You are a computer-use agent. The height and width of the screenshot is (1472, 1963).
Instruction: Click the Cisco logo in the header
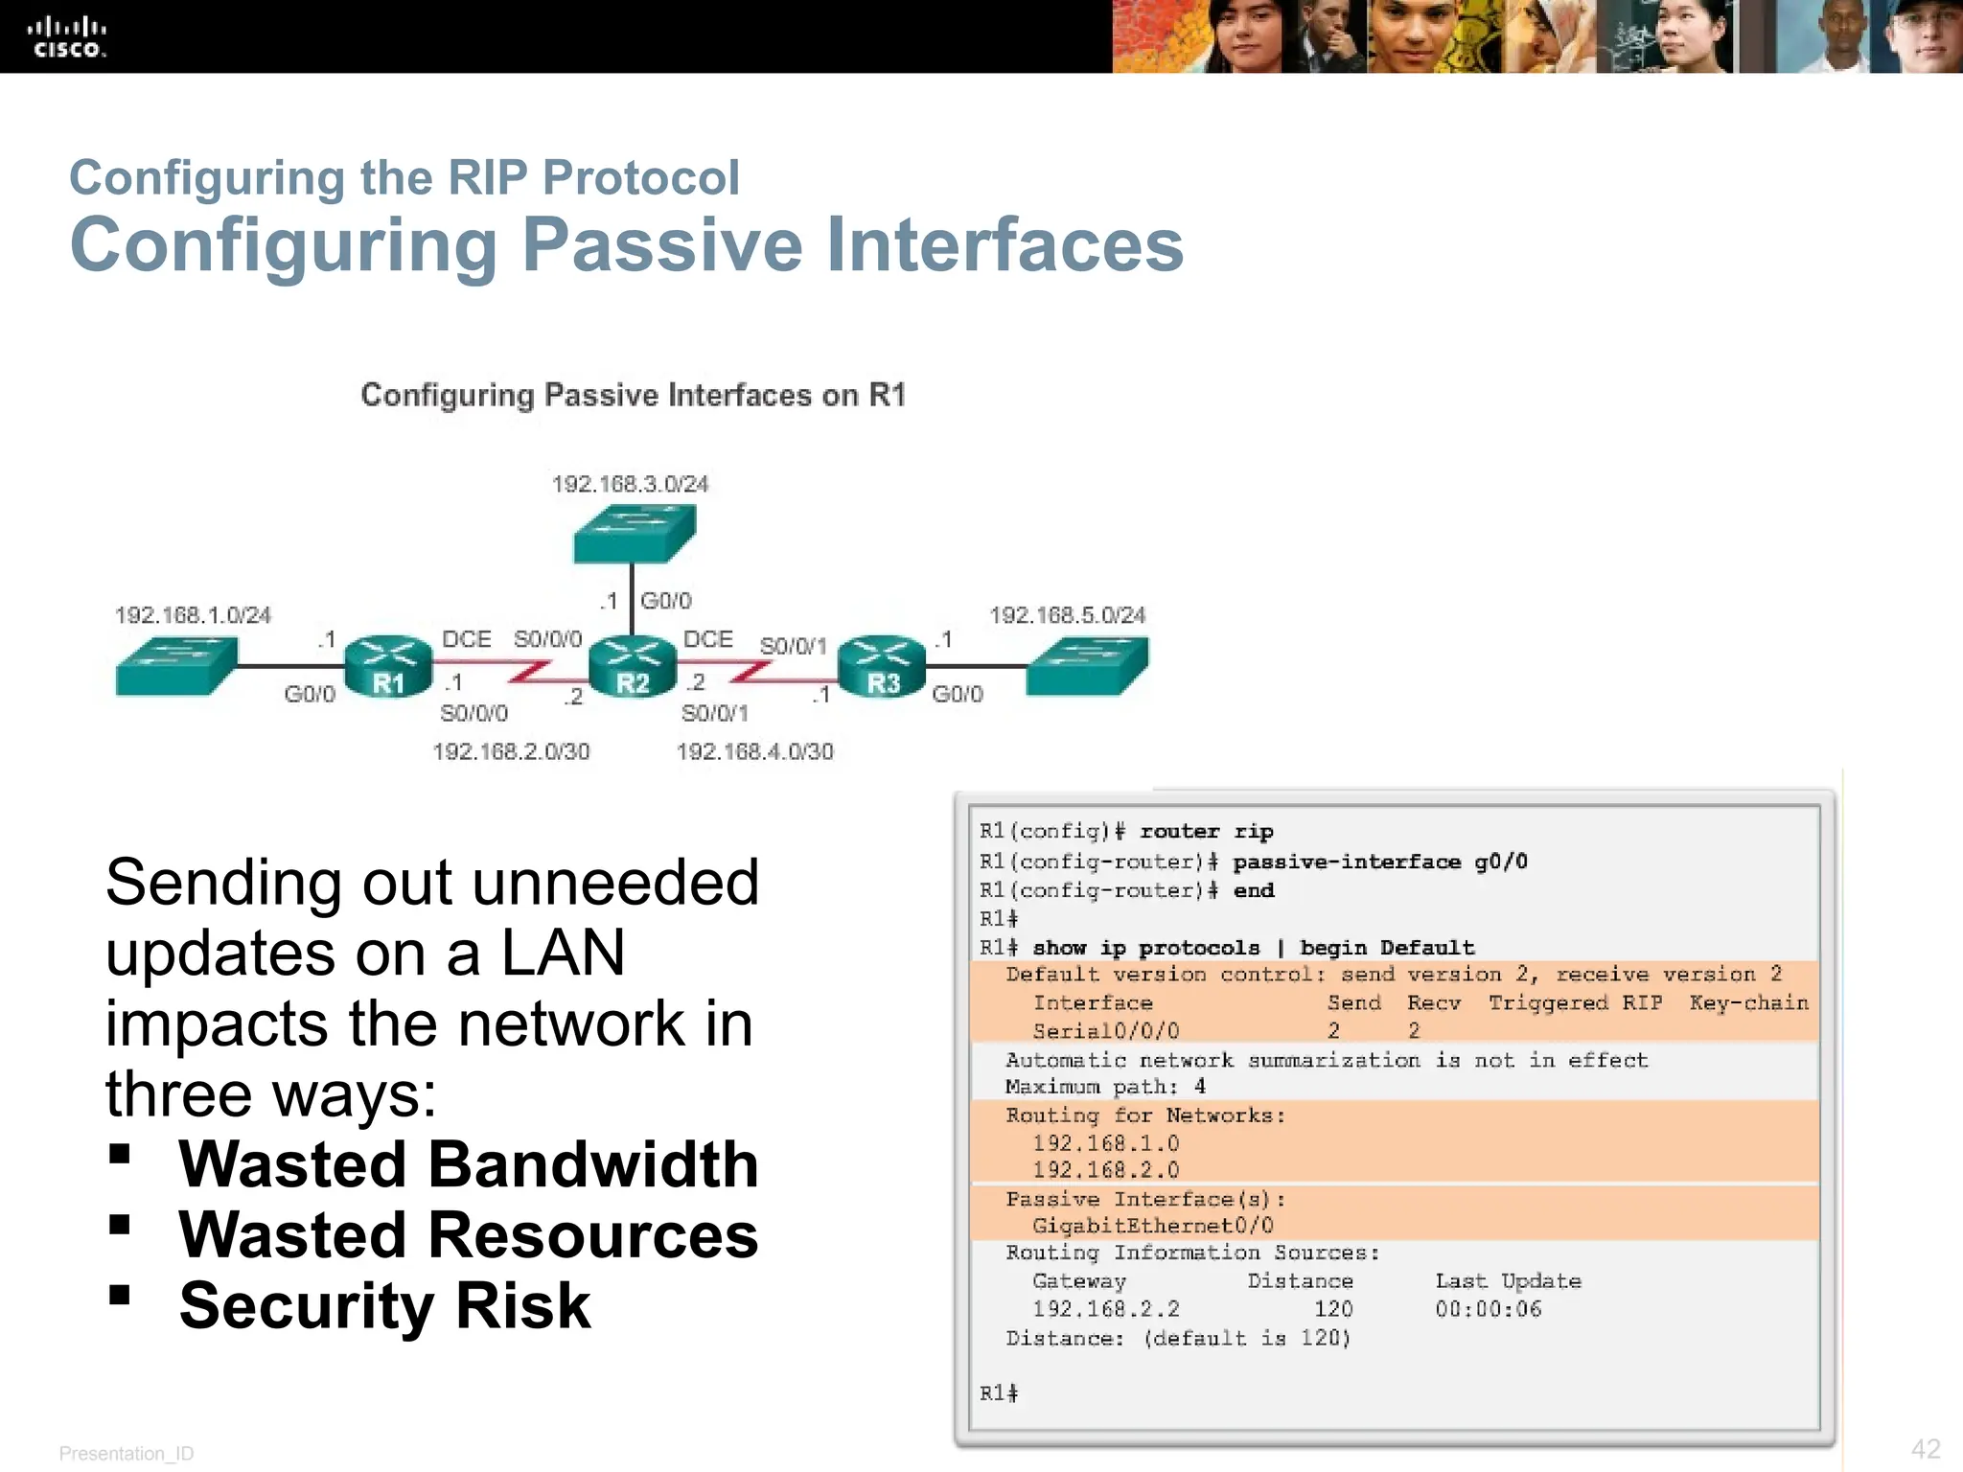point(66,37)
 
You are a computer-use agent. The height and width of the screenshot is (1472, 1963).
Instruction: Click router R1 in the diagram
point(387,666)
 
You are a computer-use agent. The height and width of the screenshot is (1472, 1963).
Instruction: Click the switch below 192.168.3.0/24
point(634,533)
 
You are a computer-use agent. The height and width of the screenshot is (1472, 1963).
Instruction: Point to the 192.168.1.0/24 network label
point(193,615)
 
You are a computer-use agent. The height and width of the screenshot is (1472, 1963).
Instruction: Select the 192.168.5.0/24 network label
point(1067,615)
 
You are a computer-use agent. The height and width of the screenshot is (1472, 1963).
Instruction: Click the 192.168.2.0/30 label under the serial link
point(511,751)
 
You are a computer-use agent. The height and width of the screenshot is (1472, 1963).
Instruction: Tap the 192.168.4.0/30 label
point(755,751)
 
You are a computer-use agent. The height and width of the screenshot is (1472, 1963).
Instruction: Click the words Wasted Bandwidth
point(468,1164)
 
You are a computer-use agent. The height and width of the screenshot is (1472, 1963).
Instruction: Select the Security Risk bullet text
point(384,1305)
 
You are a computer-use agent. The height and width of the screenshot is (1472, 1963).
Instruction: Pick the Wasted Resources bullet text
point(468,1234)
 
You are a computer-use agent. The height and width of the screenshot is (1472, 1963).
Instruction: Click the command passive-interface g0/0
point(1379,862)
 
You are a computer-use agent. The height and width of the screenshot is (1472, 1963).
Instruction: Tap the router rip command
point(1206,832)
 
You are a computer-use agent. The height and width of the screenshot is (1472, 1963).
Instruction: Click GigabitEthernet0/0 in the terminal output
point(1152,1226)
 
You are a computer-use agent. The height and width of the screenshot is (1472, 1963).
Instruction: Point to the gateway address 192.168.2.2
point(1105,1309)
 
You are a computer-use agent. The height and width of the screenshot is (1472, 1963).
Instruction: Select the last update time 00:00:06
point(1488,1309)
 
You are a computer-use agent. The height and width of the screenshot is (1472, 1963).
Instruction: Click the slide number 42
point(1925,1449)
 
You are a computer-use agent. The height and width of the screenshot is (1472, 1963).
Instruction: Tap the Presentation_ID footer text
point(127,1454)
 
